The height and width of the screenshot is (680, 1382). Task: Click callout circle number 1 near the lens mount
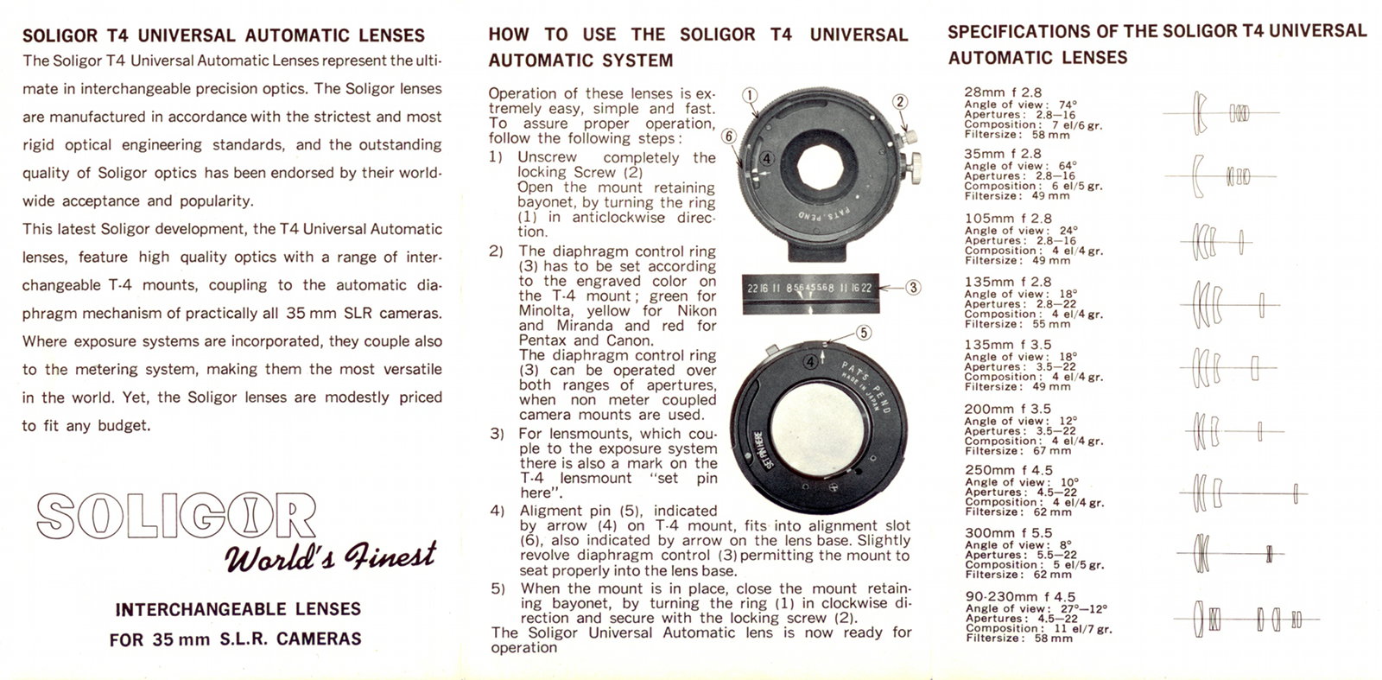pos(750,94)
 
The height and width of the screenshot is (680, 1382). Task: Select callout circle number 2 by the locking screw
pos(899,102)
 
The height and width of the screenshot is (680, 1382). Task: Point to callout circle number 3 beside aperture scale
pos(912,289)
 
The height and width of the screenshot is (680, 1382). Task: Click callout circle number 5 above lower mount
pos(862,333)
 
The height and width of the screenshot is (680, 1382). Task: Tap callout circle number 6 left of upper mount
pos(729,137)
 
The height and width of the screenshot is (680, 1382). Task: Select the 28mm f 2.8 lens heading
pos(1003,92)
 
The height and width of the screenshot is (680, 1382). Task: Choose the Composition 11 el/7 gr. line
pos(1034,628)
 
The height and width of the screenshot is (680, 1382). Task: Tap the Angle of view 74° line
pos(1020,104)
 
